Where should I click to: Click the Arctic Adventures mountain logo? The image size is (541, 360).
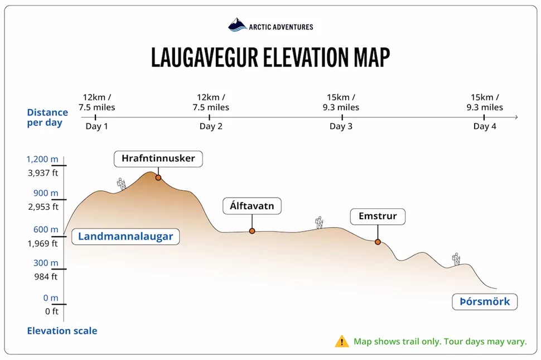click(x=237, y=25)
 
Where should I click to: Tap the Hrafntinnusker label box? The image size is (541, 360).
click(x=158, y=159)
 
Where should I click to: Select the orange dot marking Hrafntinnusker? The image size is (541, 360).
click(x=158, y=177)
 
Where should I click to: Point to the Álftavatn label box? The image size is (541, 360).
click(x=252, y=206)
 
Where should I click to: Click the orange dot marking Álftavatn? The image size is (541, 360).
click(x=252, y=231)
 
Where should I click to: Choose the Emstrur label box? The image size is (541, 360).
click(x=378, y=216)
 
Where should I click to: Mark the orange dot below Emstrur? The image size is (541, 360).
click(x=378, y=242)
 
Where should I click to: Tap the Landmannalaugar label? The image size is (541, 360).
click(x=125, y=237)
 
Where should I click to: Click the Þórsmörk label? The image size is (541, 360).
click(x=485, y=302)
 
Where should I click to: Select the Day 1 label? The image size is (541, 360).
click(x=96, y=126)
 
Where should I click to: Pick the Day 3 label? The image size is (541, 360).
click(x=341, y=126)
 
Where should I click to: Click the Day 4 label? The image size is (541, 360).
click(x=485, y=126)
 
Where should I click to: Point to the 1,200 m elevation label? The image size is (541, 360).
click(x=42, y=160)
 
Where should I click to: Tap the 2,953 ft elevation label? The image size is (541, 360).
click(x=43, y=207)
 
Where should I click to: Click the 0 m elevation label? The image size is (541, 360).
click(x=50, y=298)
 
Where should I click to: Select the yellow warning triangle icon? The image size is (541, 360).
click(x=342, y=341)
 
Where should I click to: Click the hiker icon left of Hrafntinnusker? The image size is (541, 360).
click(x=121, y=184)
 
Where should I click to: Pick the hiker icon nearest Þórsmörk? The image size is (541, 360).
click(x=456, y=258)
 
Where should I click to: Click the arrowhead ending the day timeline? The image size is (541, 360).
click(x=516, y=117)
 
